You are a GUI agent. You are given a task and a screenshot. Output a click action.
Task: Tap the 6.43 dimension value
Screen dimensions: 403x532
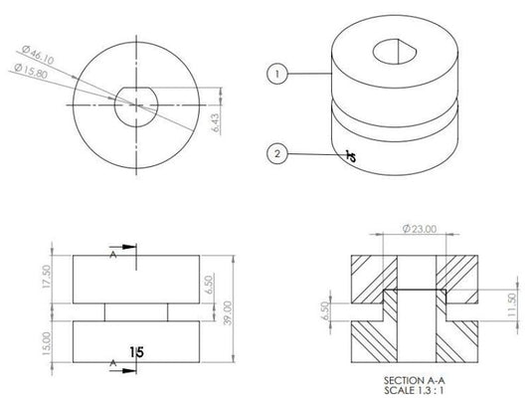click(x=216, y=121)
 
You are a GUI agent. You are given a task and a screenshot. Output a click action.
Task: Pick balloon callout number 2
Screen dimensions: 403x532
click(x=279, y=153)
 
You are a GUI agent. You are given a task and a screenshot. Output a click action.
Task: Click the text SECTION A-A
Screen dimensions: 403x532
click(x=412, y=381)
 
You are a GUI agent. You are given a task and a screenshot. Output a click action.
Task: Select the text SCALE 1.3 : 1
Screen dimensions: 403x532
click(x=412, y=391)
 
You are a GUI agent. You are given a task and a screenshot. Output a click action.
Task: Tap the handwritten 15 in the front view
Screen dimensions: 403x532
click(x=138, y=350)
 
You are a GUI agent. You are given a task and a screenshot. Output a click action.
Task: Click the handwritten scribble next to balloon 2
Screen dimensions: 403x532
click(x=350, y=154)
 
